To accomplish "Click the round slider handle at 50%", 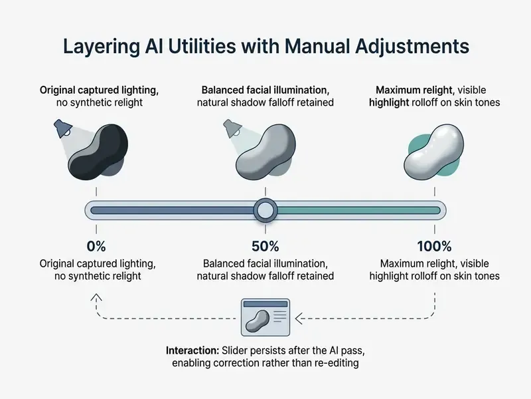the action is pos(265,210).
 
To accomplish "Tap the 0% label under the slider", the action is pos(96,246).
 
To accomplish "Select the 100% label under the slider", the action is pos(434,246).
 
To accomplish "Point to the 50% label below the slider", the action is pos(265,246).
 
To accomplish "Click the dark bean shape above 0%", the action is pos(98,152).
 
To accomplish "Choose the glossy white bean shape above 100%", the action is pos(434,152).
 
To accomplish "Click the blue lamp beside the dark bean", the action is pos(63,128).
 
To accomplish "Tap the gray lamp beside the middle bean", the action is pos(232,128).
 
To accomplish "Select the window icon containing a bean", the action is pos(265,317).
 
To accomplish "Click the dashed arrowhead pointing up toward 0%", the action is pos(96,297).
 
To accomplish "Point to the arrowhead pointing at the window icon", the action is pos(298,319).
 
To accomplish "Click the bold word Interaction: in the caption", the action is pos(192,350).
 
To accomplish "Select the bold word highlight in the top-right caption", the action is pos(389,102).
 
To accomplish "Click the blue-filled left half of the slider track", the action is pos(173,210).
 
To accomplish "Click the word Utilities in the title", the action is pos(202,46).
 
